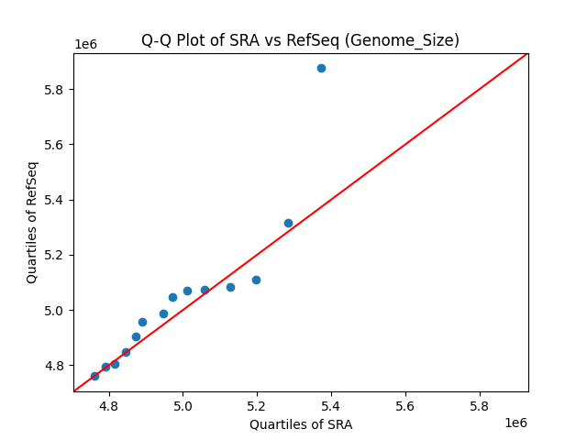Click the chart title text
[x=300, y=40]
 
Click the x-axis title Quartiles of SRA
[x=301, y=424]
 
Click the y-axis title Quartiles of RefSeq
[x=32, y=222]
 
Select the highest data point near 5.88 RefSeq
[x=321, y=68]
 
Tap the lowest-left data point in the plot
[x=94, y=376]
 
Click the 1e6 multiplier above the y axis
[x=86, y=45]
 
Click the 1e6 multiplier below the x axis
[x=515, y=423]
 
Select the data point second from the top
[x=288, y=223]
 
